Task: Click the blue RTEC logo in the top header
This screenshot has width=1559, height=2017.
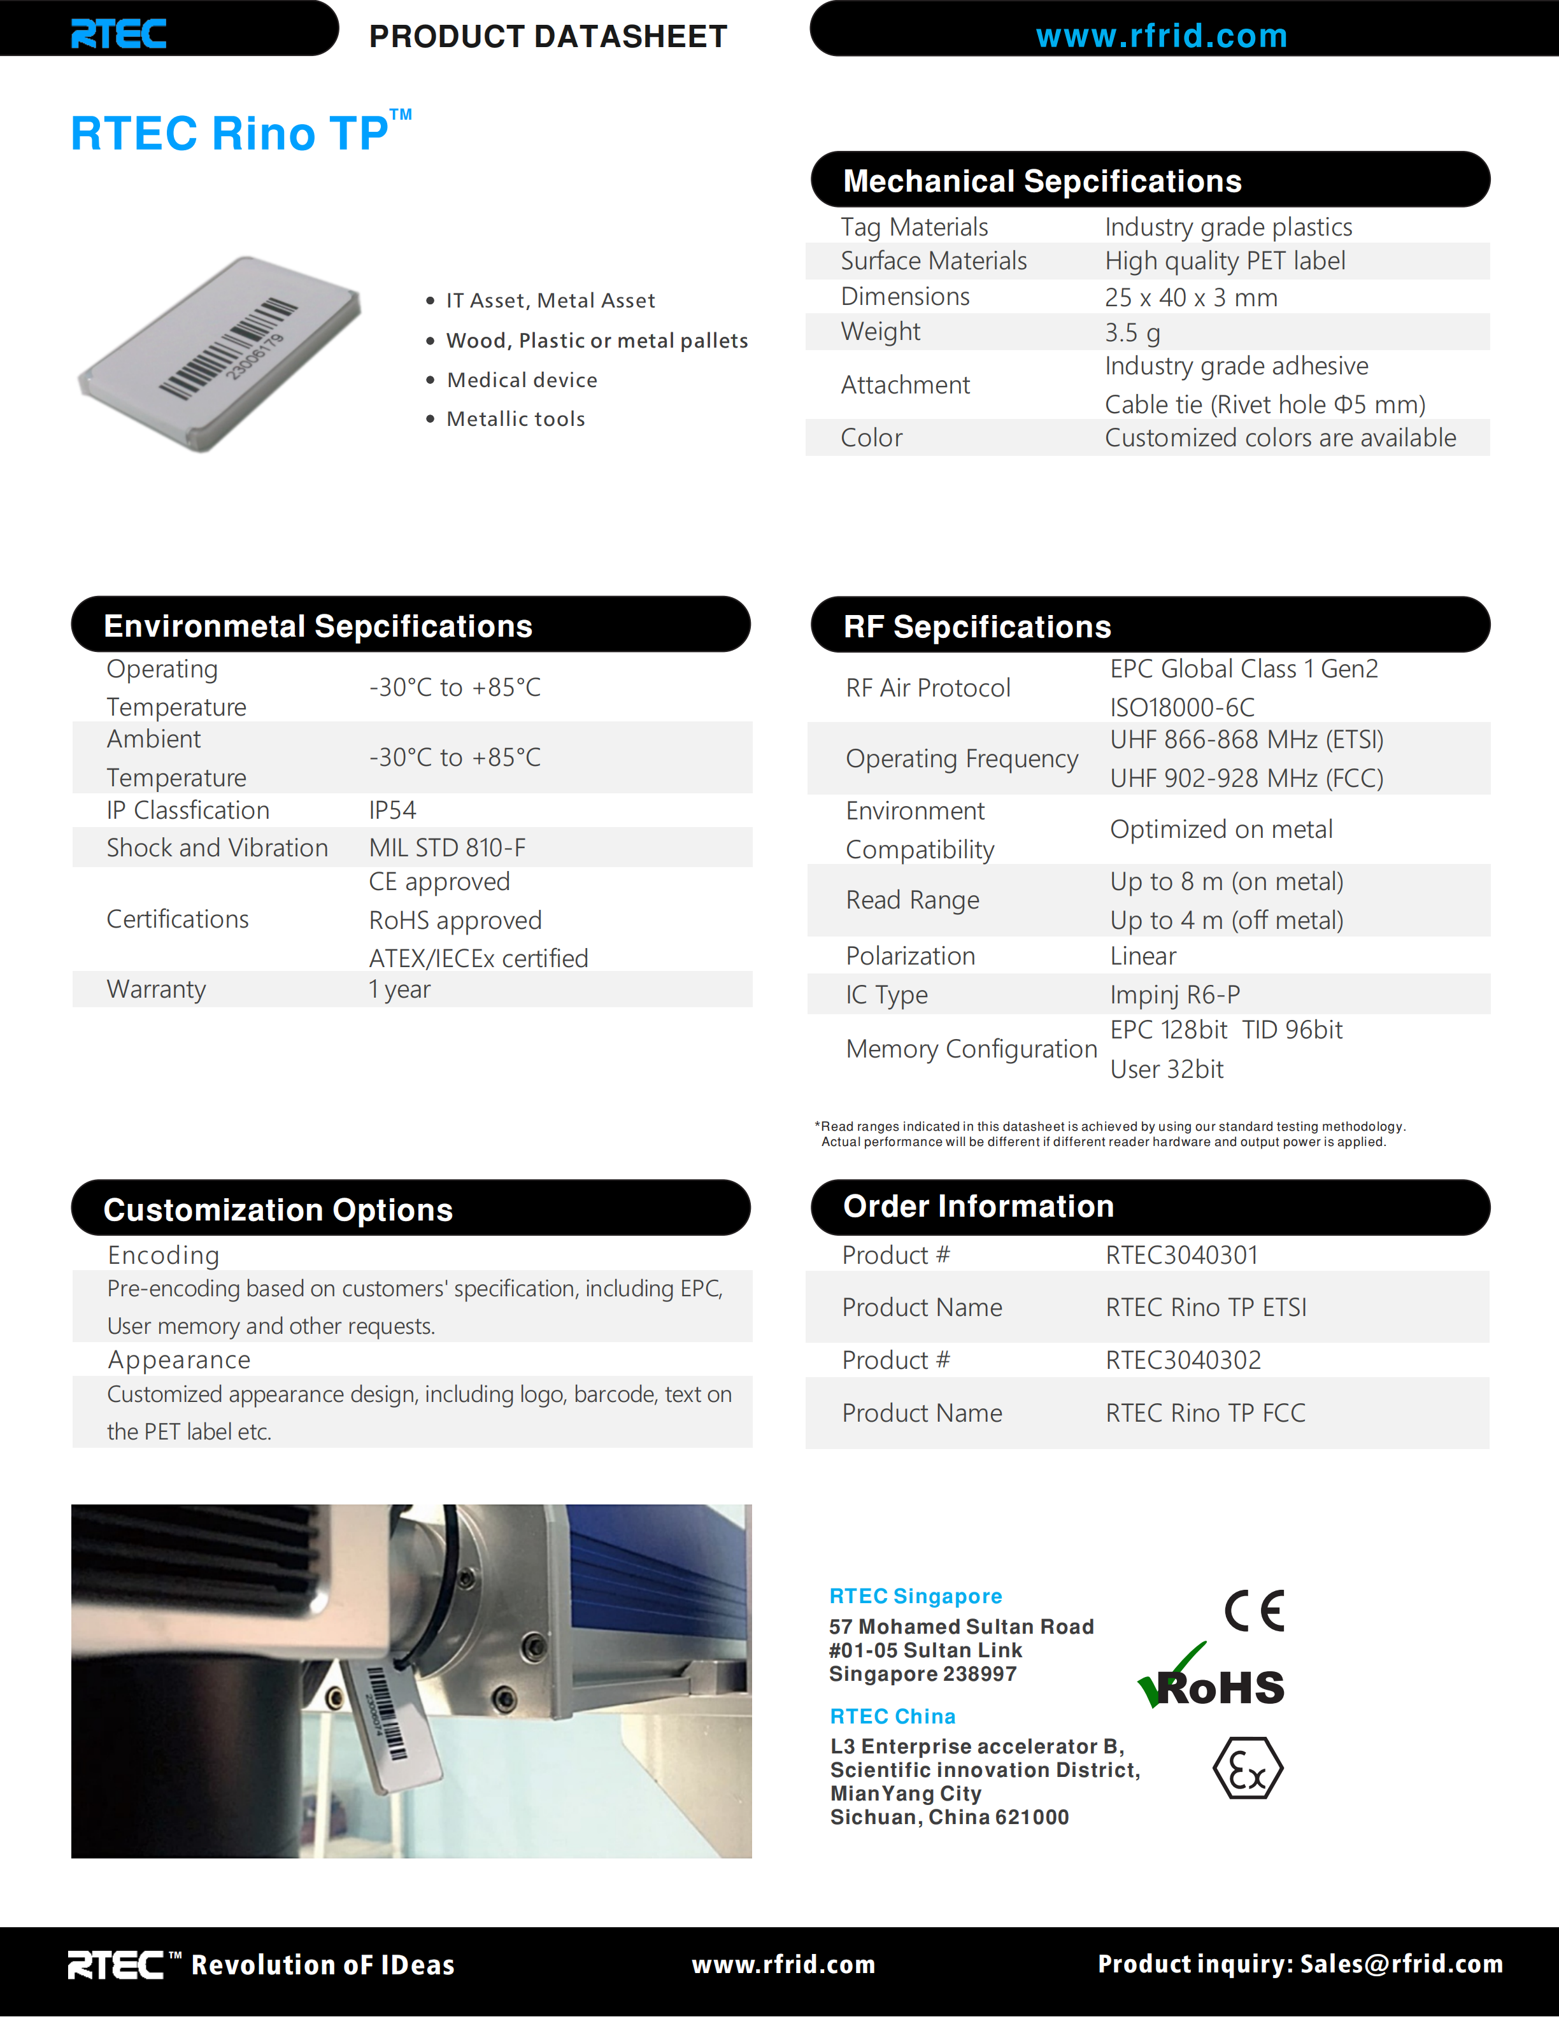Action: (119, 34)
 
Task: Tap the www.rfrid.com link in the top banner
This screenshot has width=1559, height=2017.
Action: (1161, 36)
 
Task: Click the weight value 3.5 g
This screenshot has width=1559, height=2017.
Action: (1132, 332)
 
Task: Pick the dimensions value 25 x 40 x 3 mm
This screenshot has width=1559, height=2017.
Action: (1190, 297)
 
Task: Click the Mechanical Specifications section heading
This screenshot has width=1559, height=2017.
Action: (1042, 181)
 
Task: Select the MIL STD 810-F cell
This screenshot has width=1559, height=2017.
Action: (447, 848)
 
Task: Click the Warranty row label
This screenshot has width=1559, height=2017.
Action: (156, 989)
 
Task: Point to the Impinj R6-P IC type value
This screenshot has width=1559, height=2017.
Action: (1175, 994)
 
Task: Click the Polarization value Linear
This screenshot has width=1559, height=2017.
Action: (1143, 956)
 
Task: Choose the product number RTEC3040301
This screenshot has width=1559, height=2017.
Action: (1181, 1255)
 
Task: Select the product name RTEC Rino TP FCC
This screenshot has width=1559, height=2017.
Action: (1206, 1413)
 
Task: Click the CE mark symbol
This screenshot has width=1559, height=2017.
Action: (1254, 1611)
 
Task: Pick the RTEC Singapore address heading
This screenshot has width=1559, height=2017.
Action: (915, 1596)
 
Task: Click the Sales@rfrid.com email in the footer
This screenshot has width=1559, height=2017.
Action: (1401, 1964)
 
